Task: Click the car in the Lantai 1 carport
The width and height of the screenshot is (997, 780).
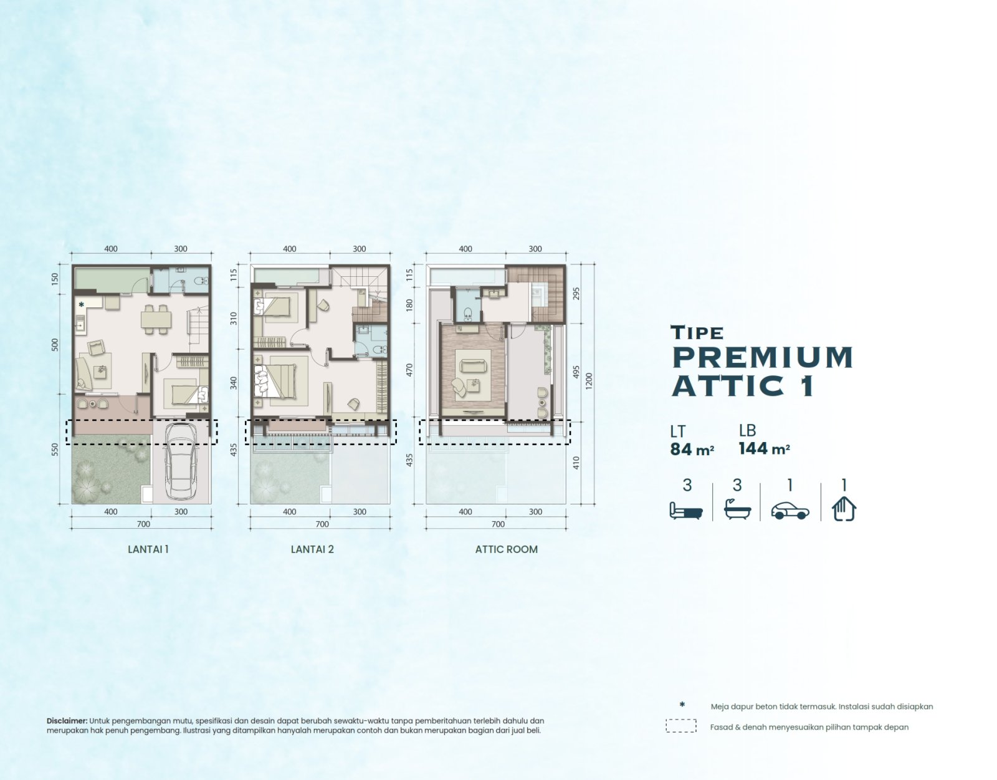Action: (181, 462)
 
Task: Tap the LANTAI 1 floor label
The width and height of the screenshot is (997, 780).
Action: (148, 549)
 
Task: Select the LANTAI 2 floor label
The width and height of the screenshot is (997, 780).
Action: (312, 549)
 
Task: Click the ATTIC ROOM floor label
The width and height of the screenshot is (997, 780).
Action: (506, 549)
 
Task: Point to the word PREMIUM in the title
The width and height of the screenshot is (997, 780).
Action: (762, 357)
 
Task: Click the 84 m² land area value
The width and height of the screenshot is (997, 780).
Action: (692, 449)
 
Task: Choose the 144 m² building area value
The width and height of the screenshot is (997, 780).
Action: (764, 448)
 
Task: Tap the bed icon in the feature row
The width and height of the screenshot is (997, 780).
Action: (686, 511)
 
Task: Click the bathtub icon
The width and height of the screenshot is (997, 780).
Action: (737, 509)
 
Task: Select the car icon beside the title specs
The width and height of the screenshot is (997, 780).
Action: (790, 511)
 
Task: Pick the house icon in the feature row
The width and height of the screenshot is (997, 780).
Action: (844, 509)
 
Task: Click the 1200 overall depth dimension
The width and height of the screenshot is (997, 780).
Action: (589, 382)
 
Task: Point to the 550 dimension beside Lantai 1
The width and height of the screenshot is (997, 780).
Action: (55, 449)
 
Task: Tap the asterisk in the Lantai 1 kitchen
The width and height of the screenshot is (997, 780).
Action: (81, 304)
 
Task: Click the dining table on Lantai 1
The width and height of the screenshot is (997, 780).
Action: (156, 319)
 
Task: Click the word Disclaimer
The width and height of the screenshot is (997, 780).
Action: (67, 721)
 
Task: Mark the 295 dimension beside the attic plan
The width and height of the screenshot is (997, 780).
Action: (576, 294)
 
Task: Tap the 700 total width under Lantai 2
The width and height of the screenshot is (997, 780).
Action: (322, 524)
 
